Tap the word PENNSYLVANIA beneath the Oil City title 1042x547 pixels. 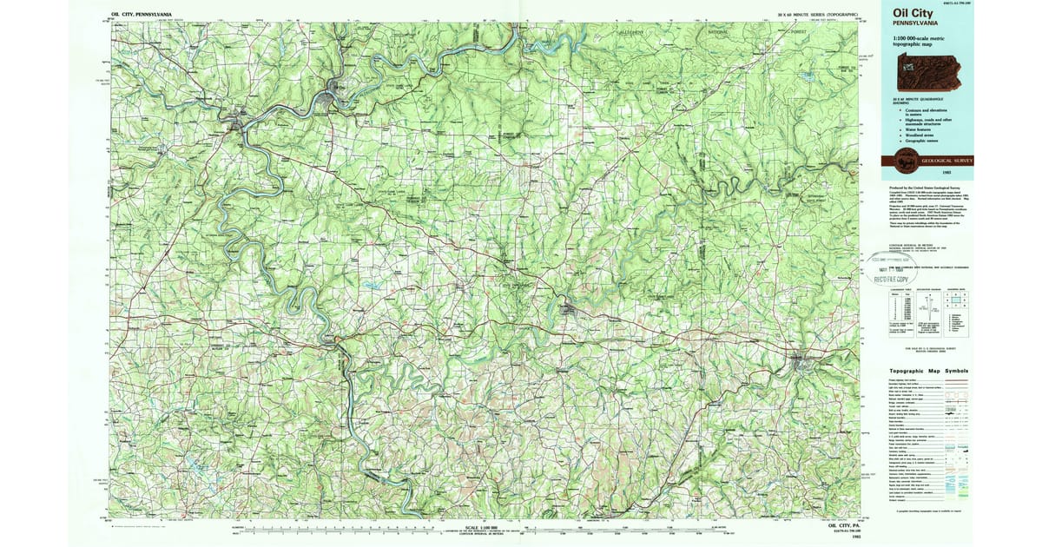907,24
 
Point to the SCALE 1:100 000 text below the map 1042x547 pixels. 485,527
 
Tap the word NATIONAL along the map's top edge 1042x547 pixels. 718,32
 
